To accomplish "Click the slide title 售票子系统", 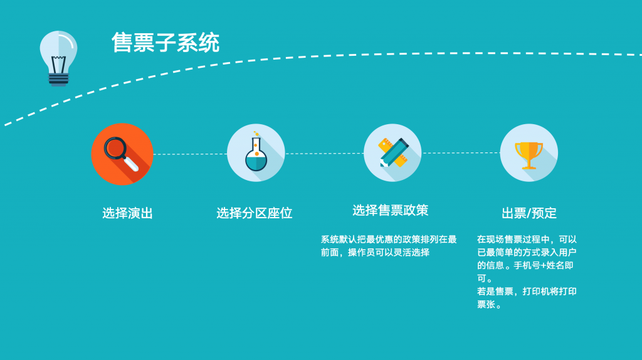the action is (x=166, y=43).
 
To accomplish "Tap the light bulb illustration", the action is (x=58, y=58).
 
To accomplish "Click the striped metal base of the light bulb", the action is (x=58, y=79).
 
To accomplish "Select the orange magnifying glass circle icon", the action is (x=122, y=154).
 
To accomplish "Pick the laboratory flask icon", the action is (x=256, y=153).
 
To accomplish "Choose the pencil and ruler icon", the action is (x=392, y=153).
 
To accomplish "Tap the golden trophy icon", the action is (x=529, y=153).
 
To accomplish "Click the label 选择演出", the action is (x=127, y=213).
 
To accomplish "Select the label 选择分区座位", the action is (x=255, y=213).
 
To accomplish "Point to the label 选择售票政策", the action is (x=390, y=210).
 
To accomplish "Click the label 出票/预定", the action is (x=529, y=213).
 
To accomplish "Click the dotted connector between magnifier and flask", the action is (x=190, y=154).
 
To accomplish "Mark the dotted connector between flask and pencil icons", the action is (x=324, y=154).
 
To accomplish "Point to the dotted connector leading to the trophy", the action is (x=461, y=153).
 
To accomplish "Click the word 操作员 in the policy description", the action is (x=361, y=252).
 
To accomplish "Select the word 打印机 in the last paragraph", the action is (x=536, y=292).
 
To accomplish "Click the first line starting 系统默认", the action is (x=389, y=239).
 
